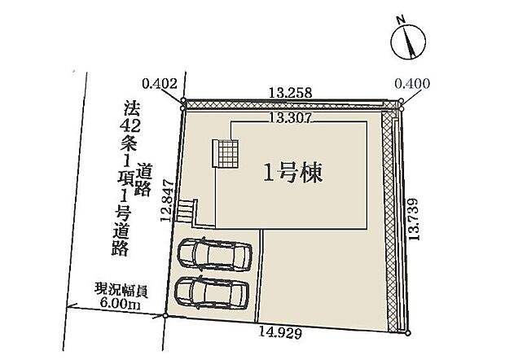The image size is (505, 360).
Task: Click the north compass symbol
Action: (408, 42)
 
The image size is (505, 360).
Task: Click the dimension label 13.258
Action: (291, 93)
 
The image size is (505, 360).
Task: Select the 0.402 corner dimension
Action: (160, 84)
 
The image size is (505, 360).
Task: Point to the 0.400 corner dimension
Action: (412, 84)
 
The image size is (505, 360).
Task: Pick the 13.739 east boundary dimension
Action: (414, 219)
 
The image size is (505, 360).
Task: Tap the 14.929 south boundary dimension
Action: (281, 332)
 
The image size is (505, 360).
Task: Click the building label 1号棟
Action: (293, 173)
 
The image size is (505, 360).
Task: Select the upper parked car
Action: (215, 255)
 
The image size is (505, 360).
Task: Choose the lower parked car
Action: (212, 293)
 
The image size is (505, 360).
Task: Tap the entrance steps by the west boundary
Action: (185, 210)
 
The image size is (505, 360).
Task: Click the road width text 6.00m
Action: (120, 304)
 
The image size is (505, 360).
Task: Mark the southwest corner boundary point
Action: (165, 316)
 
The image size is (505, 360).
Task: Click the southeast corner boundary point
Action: (408, 333)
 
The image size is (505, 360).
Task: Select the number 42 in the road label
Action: (130, 126)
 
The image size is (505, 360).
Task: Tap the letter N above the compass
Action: (401, 20)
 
